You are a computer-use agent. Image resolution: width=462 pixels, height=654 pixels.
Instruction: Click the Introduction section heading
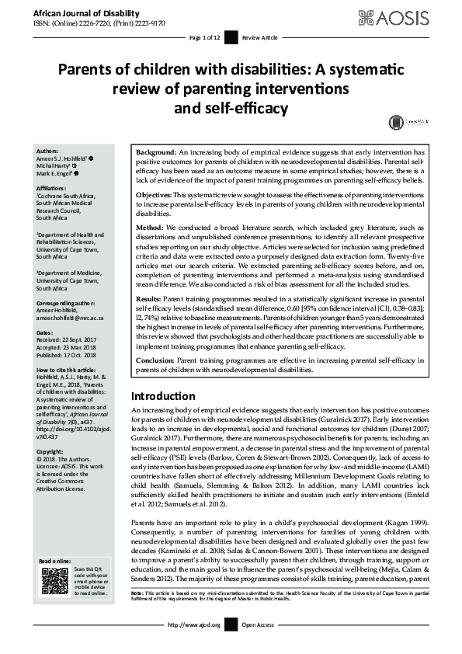pos(163,395)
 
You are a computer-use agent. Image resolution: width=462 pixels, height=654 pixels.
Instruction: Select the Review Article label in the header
pos(259,37)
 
